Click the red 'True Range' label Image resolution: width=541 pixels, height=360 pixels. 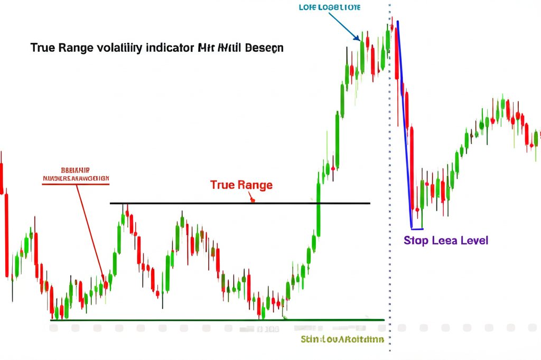241,185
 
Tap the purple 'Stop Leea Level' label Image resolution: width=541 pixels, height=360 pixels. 446,241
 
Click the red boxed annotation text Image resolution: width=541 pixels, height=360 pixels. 76,175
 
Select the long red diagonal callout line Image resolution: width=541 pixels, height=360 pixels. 91,232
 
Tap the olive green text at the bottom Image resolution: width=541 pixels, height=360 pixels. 342,339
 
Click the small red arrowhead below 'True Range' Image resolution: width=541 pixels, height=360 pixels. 253,200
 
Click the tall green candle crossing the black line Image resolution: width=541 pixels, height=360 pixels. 319,209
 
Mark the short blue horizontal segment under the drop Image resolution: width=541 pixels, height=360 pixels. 417,229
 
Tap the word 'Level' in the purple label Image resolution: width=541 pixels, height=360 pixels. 474,241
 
